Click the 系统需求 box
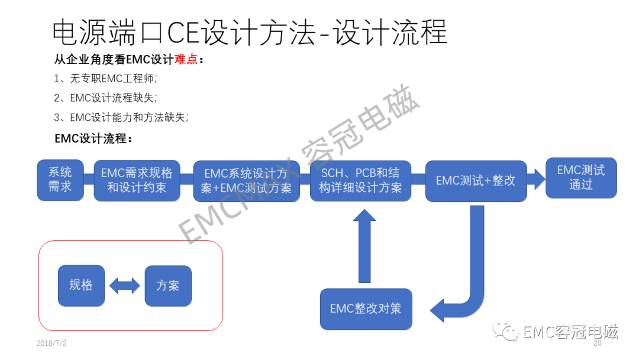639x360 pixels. pos(60,179)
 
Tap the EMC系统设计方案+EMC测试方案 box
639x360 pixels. pos(246,181)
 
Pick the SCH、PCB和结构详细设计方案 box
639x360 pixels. pos(360,181)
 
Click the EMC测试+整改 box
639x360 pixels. pos(476,181)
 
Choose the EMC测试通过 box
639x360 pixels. pos(580,177)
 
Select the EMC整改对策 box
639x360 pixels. pos(366,308)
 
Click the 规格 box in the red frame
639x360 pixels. pos(81,285)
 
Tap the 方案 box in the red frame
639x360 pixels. pos(168,285)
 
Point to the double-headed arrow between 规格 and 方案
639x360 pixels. pos(124,286)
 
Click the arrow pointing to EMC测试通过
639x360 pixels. pos(536,179)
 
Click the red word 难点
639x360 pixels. pos(186,60)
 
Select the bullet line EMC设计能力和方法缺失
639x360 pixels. pos(121,117)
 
